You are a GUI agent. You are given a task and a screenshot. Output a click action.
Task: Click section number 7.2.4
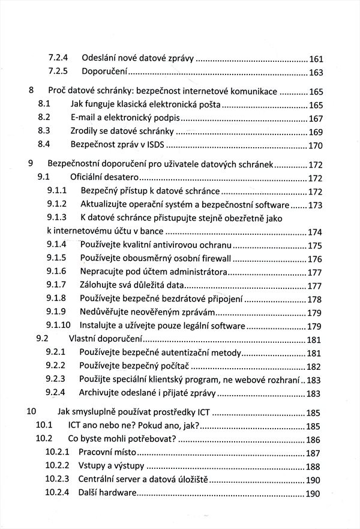[x=58, y=58]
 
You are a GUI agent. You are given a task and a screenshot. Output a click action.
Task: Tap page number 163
[x=316, y=73]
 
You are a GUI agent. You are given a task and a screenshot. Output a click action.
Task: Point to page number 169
[x=316, y=133]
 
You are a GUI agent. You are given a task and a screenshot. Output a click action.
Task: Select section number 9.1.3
[x=56, y=217]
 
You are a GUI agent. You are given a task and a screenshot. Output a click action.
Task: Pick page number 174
[x=316, y=232]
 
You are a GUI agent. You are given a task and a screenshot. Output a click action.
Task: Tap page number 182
[x=316, y=367]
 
